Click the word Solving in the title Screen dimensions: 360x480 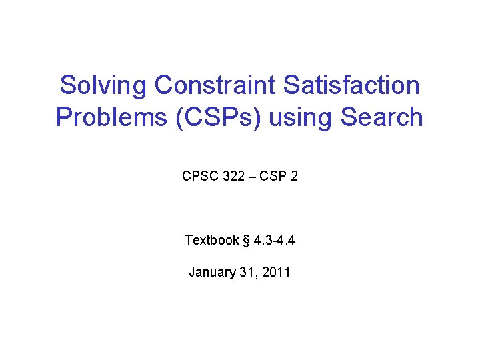point(103,85)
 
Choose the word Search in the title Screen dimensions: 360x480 point(381,117)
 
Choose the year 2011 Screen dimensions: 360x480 point(276,272)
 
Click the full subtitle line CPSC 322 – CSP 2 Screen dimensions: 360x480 point(239,177)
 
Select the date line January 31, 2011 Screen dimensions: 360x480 point(239,272)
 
